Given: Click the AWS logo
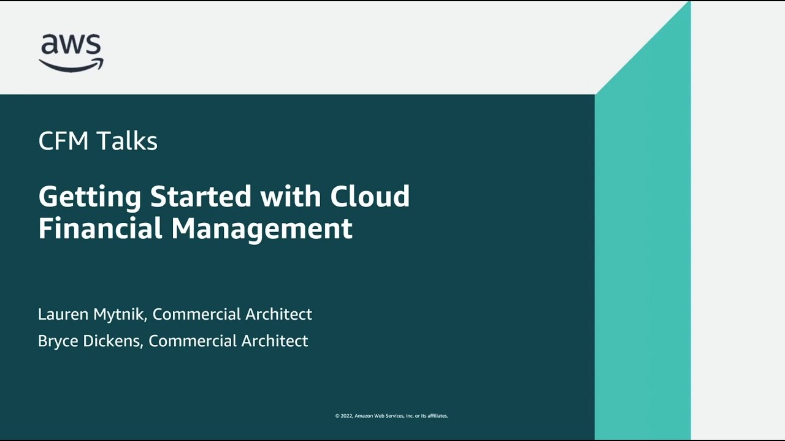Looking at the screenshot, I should click(x=71, y=53).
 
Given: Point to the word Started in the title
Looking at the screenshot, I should click(x=201, y=197).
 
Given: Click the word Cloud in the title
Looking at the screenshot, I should click(x=370, y=197).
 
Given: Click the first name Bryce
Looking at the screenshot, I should click(x=56, y=341).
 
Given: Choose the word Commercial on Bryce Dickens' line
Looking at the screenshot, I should click(x=193, y=341).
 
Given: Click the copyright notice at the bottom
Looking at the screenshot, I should click(x=391, y=416).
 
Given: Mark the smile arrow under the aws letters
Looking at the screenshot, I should click(x=71, y=64).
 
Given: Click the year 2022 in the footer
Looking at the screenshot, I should click(x=346, y=416).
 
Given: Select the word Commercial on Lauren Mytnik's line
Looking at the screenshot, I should click(x=196, y=314).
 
